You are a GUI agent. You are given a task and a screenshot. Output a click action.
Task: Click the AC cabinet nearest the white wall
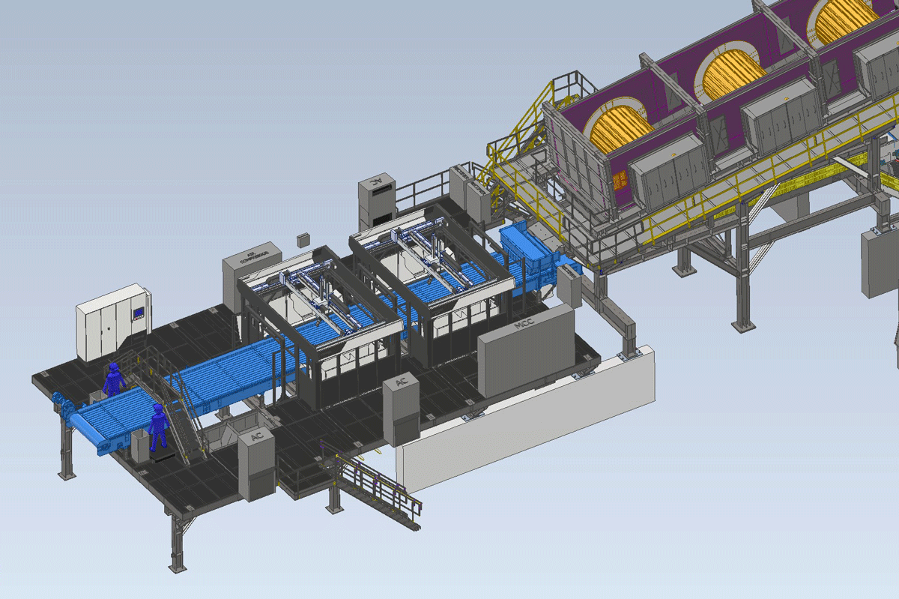click(x=401, y=409)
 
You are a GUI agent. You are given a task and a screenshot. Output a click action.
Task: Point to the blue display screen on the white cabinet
click(x=138, y=315)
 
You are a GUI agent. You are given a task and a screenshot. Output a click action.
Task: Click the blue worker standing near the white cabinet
click(x=113, y=379)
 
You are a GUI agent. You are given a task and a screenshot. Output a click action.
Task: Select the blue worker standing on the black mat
click(x=157, y=427)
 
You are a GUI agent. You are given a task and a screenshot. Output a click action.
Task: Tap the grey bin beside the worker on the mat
click(x=139, y=448)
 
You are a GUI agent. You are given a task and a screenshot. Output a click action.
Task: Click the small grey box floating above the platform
click(x=303, y=240)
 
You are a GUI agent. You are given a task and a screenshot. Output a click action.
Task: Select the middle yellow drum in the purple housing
click(x=730, y=75)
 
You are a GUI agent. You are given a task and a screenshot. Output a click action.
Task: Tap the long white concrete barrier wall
click(x=524, y=427)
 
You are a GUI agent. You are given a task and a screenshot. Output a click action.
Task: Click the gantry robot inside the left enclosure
click(x=315, y=296)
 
